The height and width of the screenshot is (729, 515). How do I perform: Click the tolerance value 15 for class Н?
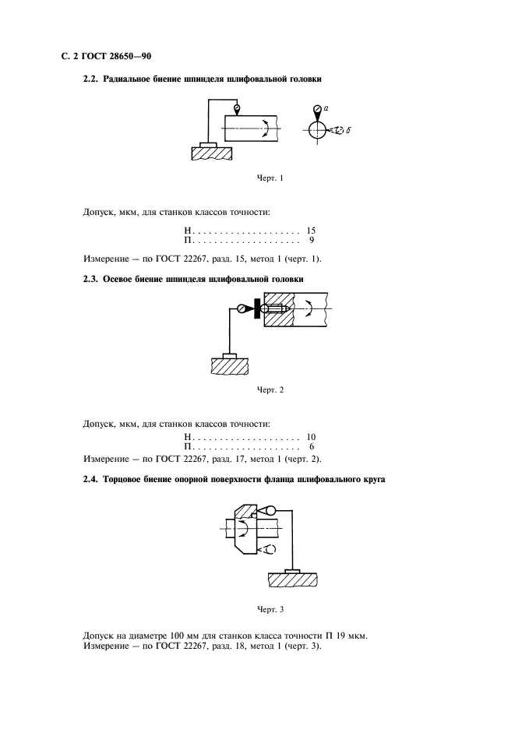311,232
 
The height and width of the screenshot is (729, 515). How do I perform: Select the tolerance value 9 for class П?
312,242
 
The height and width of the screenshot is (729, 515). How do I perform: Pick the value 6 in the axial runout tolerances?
312,448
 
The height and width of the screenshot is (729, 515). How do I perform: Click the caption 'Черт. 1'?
270,178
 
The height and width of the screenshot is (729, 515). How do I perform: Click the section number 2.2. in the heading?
92,79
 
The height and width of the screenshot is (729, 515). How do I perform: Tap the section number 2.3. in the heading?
92,278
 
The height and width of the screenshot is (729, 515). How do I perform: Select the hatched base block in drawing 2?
228,364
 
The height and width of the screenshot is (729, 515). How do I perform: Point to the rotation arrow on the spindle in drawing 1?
266,129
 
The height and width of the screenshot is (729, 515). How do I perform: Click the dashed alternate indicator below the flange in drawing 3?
268,550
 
